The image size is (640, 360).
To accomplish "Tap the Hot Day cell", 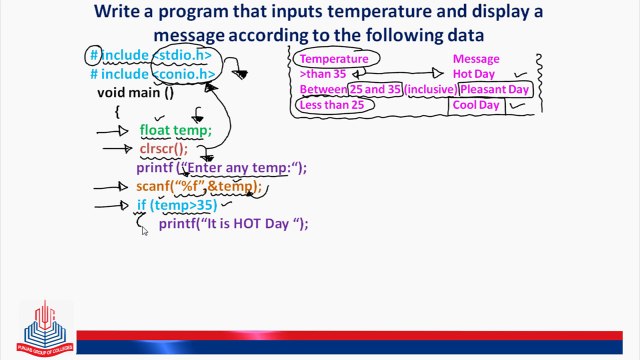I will click(475, 74).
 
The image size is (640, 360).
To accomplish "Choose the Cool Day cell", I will click(475, 105).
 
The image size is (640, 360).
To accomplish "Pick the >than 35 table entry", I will click(323, 74).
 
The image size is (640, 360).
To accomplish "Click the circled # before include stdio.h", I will click(94, 55).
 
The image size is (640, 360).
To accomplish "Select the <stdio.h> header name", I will click(184, 55).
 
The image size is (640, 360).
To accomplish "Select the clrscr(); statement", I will click(163, 149).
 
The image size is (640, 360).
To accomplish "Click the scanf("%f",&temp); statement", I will click(198, 186).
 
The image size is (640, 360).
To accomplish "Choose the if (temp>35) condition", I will click(176, 205).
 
